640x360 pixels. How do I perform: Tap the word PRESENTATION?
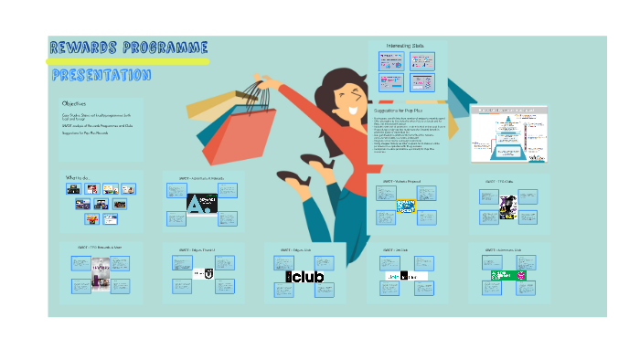coord(101,75)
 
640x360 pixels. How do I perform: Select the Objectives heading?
coord(75,104)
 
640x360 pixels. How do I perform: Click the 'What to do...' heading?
coord(78,176)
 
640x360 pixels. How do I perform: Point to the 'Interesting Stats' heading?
coord(408,45)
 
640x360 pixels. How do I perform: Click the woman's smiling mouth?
coord(353,108)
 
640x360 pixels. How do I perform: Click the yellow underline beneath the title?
coord(128,62)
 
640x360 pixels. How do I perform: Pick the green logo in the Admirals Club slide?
coord(501,275)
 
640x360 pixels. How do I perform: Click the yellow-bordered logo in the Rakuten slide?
coord(406,206)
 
